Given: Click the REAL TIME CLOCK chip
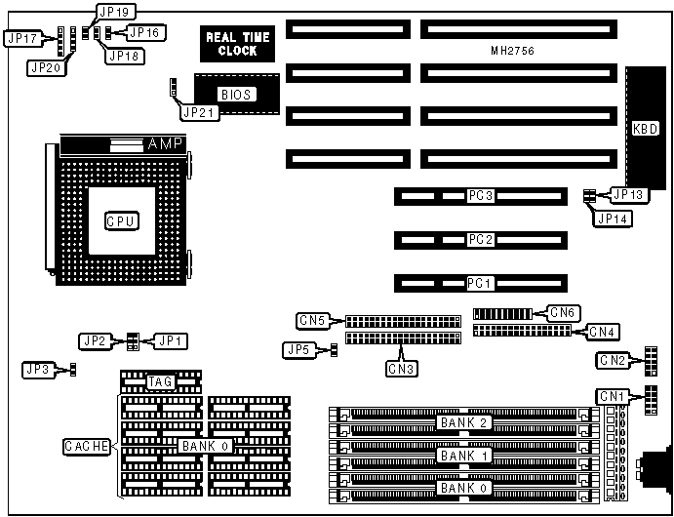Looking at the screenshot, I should (238, 44).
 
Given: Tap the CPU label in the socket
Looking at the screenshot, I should (121, 221).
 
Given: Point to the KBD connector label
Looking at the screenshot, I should (645, 128).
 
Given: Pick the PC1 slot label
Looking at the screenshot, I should (478, 283).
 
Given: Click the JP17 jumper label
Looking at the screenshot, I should (21, 38).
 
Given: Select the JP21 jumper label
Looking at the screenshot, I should (194, 112).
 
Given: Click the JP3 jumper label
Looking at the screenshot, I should (39, 369).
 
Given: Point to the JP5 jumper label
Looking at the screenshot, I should (298, 349).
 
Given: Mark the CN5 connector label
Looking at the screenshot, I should (313, 319).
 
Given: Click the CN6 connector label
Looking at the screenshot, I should (564, 312).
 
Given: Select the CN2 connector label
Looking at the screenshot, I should (613, 360).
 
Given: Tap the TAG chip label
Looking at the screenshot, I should (160, 381).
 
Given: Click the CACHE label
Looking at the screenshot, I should (87, 446).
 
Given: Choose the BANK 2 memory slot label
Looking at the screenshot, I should (464, 422).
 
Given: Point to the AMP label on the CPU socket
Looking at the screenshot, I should (164, 144).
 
